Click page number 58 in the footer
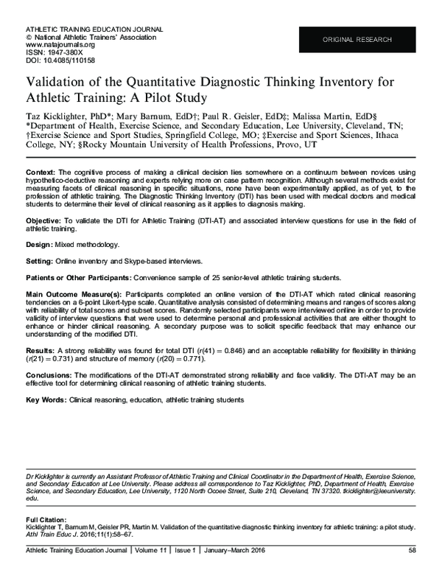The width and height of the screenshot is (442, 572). [x=412, y=549]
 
